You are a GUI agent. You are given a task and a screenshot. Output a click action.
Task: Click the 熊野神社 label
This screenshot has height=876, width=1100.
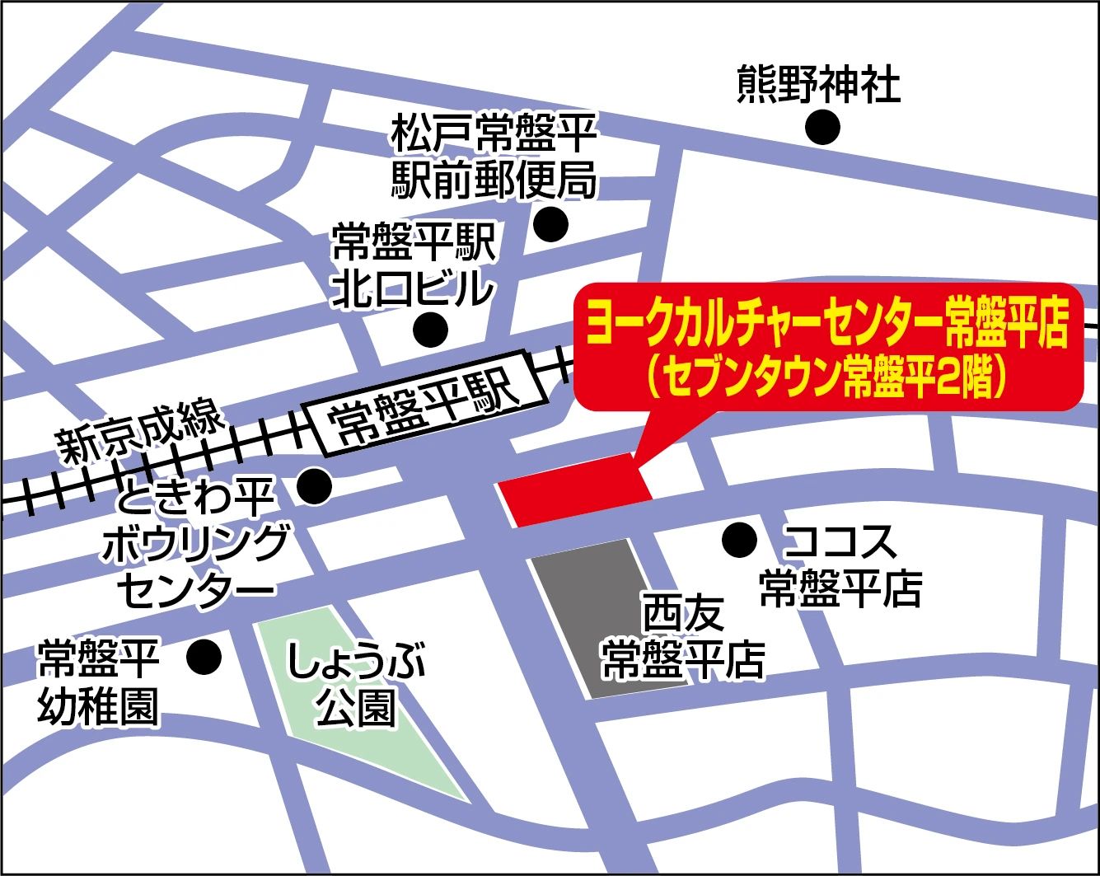[817, 85]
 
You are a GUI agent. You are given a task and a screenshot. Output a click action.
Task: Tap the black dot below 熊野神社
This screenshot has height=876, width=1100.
[822, 128]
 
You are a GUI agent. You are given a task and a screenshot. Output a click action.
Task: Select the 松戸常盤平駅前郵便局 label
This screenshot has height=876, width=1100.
[494, 156]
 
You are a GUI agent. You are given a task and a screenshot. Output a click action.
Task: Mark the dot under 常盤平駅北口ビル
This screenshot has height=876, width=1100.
[430, 330]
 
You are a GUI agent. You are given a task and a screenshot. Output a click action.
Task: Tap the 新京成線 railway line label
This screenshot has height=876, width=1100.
[141, 430]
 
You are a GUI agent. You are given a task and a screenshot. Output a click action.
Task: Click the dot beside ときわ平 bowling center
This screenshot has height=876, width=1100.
[314, 486]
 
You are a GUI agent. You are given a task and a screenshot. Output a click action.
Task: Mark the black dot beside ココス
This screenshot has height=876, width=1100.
[739, 541]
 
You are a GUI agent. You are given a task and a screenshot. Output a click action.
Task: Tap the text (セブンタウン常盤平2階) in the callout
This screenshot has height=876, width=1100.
[826, 377]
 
